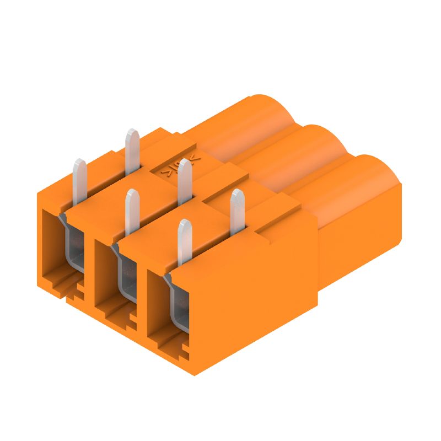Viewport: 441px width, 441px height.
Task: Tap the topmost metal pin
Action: click(x=132, y=149)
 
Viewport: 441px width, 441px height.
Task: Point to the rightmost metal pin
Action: click(x=237, y=209)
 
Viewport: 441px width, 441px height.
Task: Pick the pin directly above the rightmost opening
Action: click(x=184, y=243)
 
